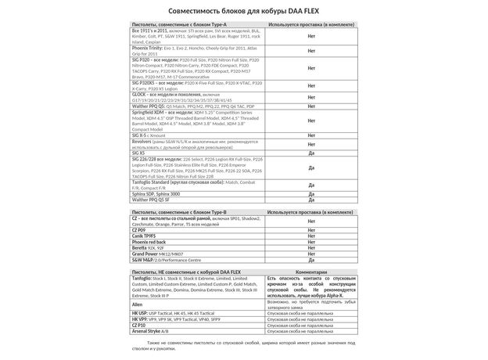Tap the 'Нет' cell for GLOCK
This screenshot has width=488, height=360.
[312, 98]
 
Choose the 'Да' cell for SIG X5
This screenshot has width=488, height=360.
[312, 153]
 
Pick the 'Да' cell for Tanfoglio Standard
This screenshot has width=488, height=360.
[312, 185]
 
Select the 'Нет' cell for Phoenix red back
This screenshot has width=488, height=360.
[312, 243]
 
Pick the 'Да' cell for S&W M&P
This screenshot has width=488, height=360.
[312, 261]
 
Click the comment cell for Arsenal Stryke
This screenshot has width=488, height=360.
[311, 330]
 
